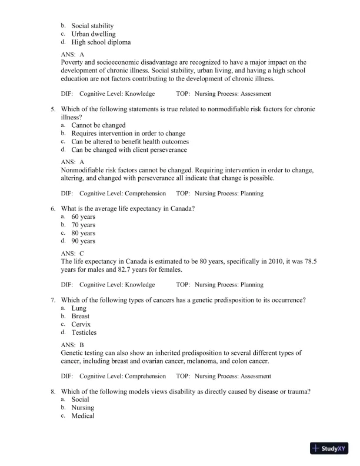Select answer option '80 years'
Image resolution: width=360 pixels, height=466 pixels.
pos(83,233)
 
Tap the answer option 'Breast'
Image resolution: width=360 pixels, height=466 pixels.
pos(82,316)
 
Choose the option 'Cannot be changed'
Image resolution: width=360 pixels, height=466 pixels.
pos(98,125)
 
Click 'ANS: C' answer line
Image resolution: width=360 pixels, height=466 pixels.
pos(73,254)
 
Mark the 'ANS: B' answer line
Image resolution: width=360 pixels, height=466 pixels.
pos(73,345)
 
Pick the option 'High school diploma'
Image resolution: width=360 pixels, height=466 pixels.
pos(101,42)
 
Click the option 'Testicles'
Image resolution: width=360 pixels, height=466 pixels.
pos(84,332)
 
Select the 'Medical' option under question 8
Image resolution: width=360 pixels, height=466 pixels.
pos(83,416)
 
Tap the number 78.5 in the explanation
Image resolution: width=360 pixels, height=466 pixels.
pos(306,262)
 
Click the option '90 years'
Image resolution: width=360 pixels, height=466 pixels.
pos(83,241)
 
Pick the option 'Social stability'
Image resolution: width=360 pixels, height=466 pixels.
pos(92,26)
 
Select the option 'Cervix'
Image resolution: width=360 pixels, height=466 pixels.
pos(81,324)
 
